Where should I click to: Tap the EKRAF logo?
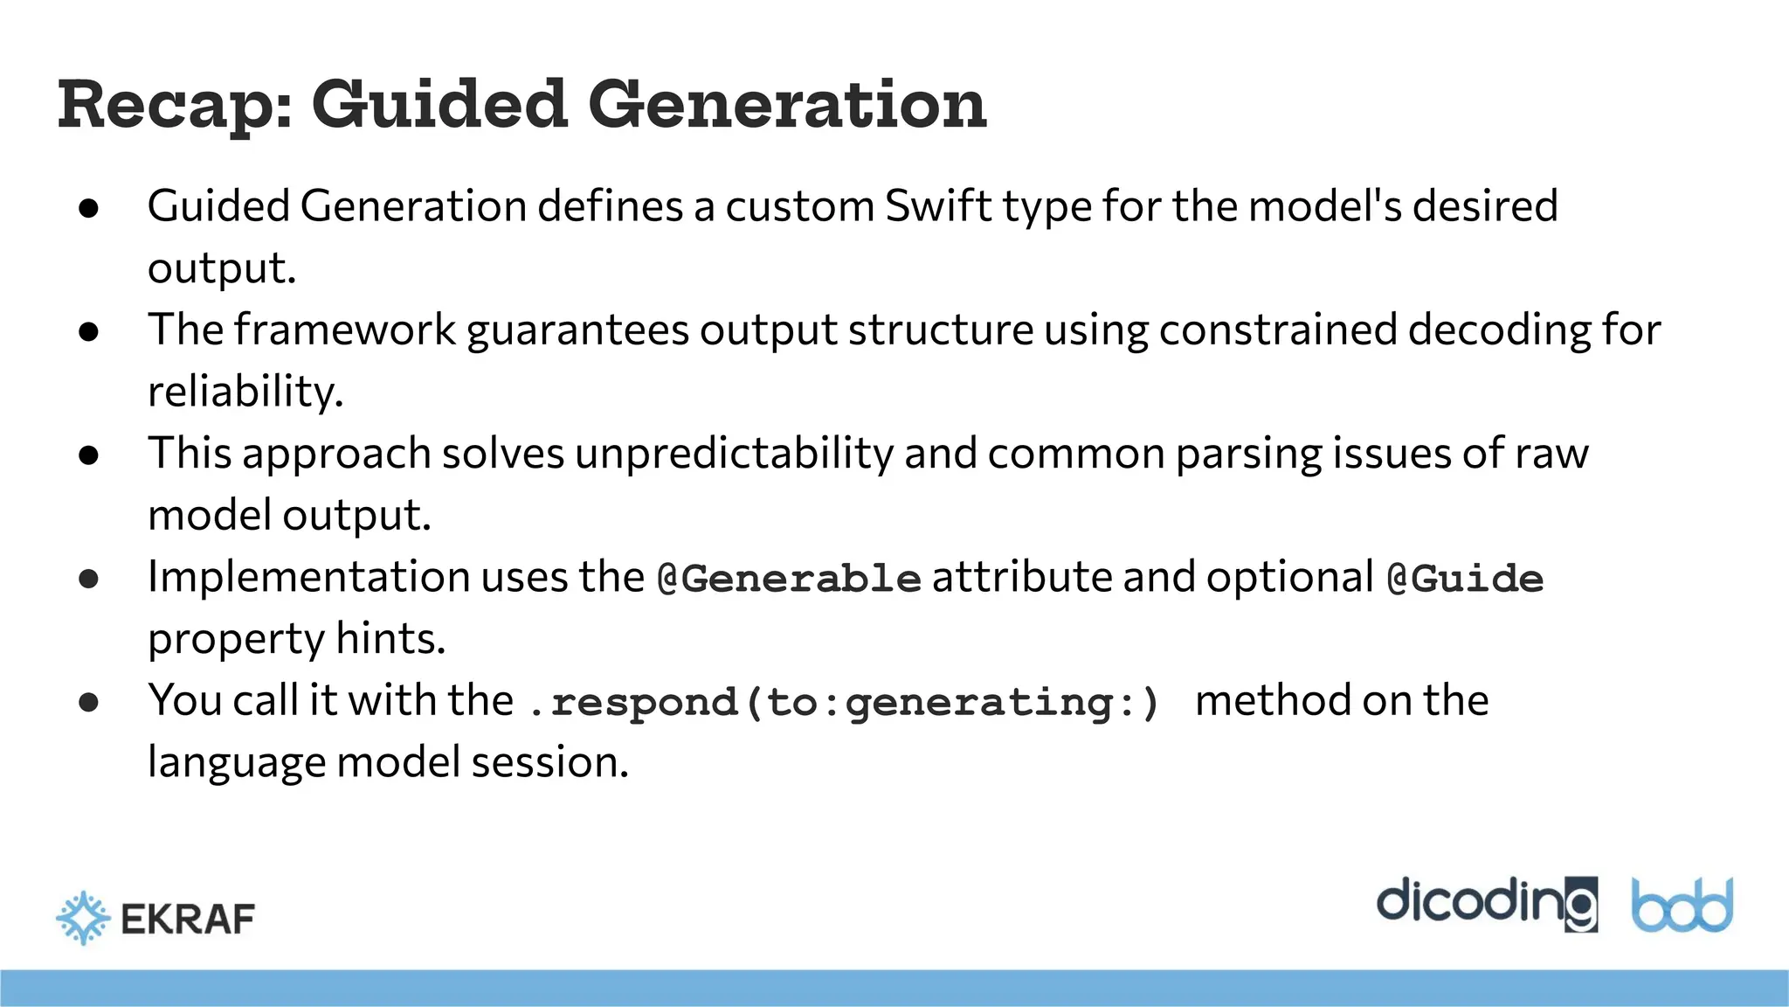155,918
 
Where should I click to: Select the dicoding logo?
1486,904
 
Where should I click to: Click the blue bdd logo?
1682,906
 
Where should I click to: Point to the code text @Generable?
789,579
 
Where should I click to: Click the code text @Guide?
1465,579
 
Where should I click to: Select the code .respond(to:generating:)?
844,703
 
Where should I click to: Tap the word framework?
345,330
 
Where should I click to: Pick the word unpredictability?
734,454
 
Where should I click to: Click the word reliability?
245,392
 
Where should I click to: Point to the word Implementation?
308,578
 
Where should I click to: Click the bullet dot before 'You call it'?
88,702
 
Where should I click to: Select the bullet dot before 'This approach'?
88,455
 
